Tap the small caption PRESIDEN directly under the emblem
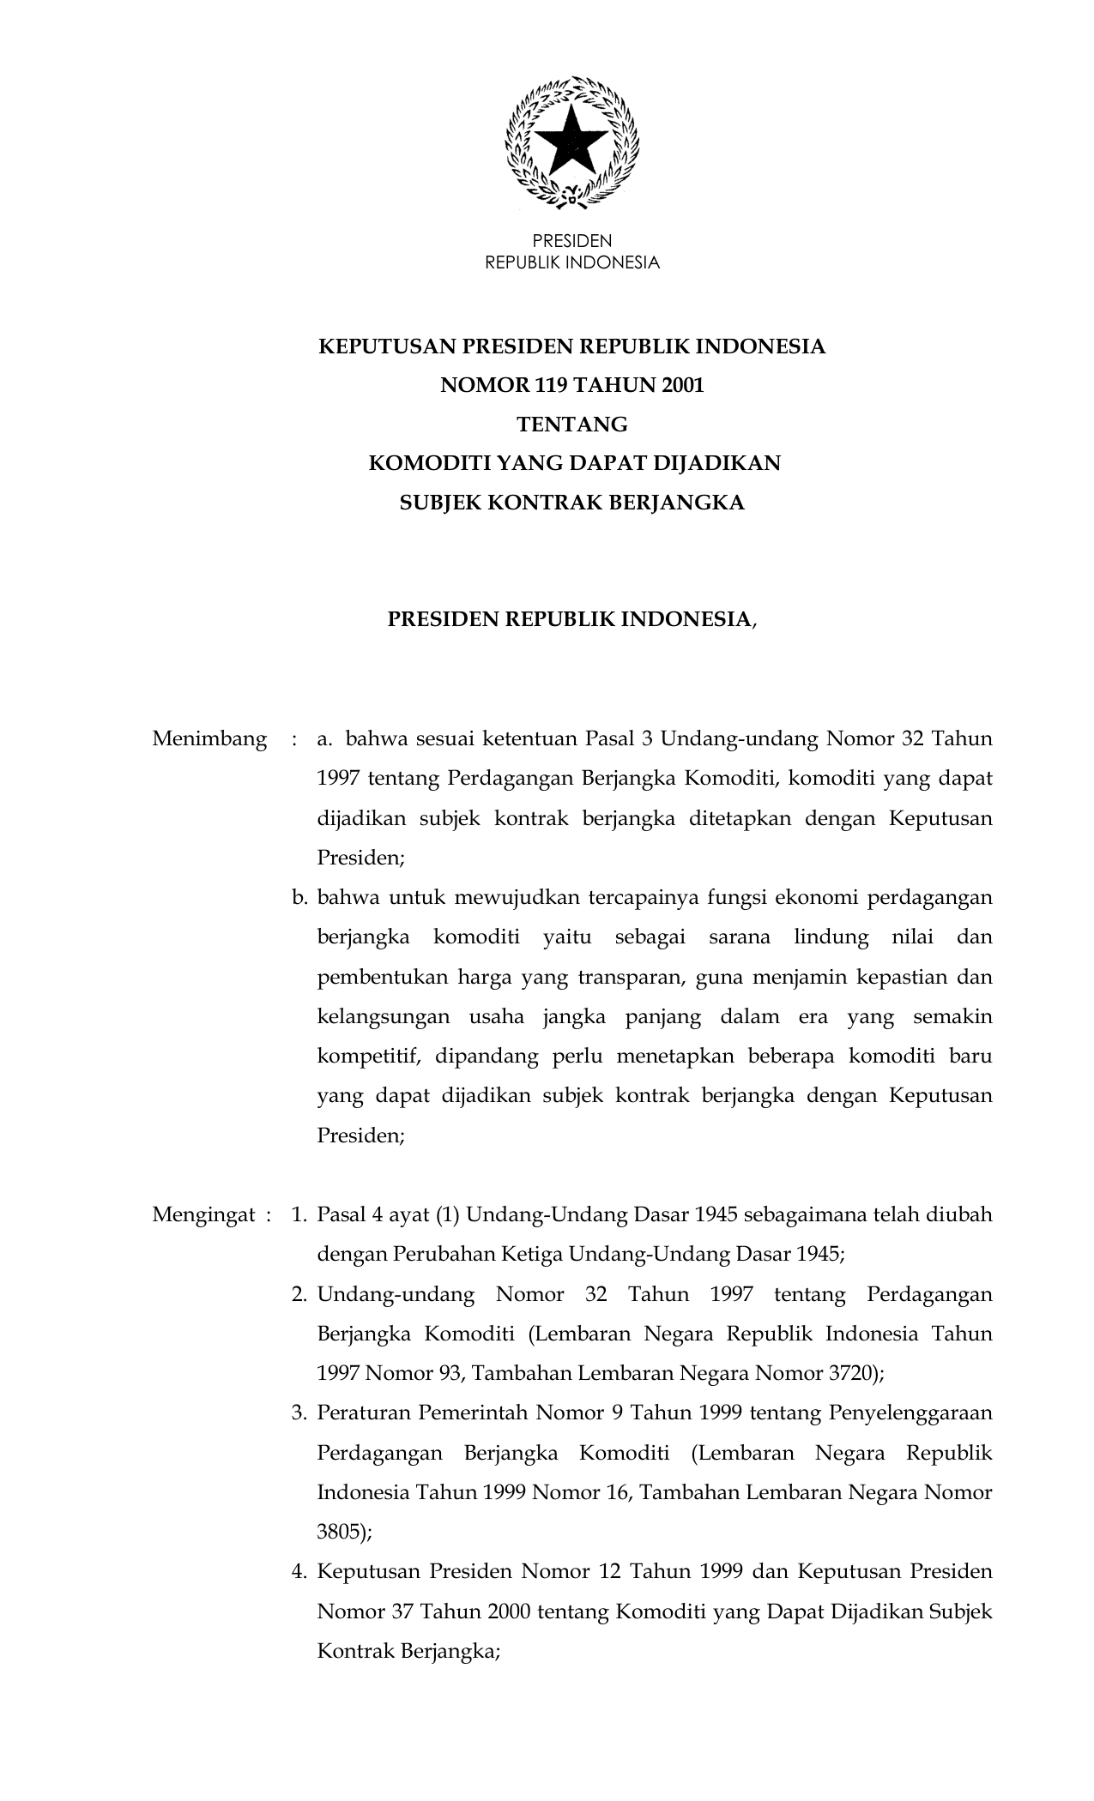click(572, 242)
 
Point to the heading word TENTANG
click(571, 425)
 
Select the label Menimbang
click(209, 739)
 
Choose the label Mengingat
click(204, 1215)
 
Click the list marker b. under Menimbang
click(299, 898)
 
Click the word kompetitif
click(369, 1057)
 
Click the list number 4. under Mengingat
click(299, 1572)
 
